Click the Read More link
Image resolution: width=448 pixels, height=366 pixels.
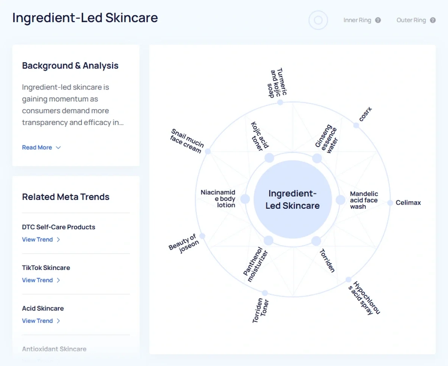click(x=41, y=148)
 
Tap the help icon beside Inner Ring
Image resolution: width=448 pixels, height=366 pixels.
click(x=378, y=20)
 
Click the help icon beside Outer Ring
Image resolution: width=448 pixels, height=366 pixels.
click(x=433, y=20)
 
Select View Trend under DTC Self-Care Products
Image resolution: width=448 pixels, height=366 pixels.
click(x=41, y=239)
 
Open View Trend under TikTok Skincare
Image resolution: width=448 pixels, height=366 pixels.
click(x=41, y=280)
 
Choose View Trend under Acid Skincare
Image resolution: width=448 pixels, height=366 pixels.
click(x=41, y=321)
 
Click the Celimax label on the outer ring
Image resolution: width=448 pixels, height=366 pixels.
click(x=408, y=202)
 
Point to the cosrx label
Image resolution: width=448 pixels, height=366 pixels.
click(x=365, y=114)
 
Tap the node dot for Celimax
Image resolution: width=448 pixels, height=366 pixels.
click(x=390, y=202)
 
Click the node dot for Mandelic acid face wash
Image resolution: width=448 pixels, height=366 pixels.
click(x=340, y=200)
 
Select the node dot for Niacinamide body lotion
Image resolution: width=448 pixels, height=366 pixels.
click(x=245, y=199)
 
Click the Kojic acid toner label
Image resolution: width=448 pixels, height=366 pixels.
click(x=259, y=136)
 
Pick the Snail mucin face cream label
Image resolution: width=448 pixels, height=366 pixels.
click(x=187, y=141)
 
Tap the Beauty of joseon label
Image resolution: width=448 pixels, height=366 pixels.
click(x=184, y=244)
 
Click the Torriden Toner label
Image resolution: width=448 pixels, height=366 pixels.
click(x=261, y=310)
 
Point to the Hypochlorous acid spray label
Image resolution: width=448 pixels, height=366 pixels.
click(x=364, y=298)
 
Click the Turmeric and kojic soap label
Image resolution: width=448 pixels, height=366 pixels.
click(x=277, y=83)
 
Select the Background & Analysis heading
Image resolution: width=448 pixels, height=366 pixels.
click(x=70, y=66)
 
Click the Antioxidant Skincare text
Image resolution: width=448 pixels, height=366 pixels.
click(x=54, y=349)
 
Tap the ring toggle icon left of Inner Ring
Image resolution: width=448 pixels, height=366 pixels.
click(x=318, y=20)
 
